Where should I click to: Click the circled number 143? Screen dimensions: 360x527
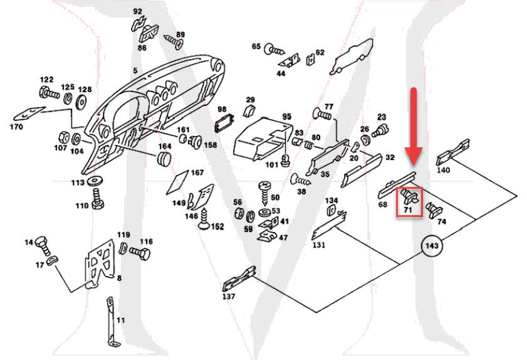pyautogui.click(x=431, y=246)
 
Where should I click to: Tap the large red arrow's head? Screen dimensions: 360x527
pyautogui.click(x=413, y=156)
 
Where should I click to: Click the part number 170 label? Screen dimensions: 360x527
pyautogui.click(x=16, y=127)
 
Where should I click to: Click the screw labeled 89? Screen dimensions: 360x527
pyautogui.click(x=172, y=42)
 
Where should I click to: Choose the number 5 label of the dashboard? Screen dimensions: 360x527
pyautogui.click(x=135, y=71)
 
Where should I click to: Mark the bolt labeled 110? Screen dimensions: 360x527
pyautogui.click(x=98, y=201)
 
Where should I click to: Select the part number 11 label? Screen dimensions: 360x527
pyautogui.click(x=121, y=320)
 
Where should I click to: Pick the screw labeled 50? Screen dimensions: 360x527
pyautogui.click(x=263, y=188)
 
